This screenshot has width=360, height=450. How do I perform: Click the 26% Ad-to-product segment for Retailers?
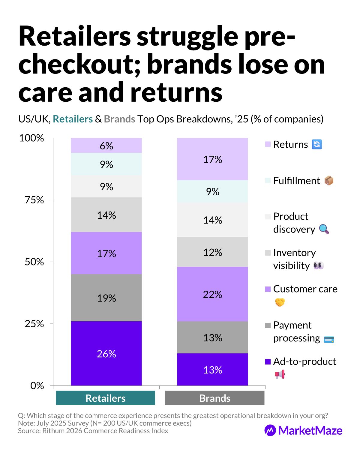(x=106, y=353)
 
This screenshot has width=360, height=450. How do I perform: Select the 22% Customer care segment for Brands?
(x=212, y=294)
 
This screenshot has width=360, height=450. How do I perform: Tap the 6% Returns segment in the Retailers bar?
(x=106, y=145)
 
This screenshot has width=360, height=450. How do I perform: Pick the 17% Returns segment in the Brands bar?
(x=212, y=159)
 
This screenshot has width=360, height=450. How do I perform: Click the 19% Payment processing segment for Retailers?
(x=106, y=298)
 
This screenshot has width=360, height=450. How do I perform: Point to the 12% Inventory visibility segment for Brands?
(x=212, y=252)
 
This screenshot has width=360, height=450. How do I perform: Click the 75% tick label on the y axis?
(x=34, y=200)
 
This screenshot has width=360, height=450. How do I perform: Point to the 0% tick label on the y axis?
(x=37, y=385)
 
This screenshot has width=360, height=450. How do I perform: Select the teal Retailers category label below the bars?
(x=106, y=398)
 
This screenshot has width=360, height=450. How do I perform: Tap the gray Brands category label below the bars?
(x=215, y=398)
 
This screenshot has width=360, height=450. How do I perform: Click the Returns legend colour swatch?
(x=268, y=144)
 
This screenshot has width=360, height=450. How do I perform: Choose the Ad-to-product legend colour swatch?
(x=268, y=361)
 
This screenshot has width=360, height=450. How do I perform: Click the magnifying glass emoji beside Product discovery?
(x=324, y=229)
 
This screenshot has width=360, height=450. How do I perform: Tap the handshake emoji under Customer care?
(x=280, y=302)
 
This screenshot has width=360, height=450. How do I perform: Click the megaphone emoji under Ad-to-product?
(x=280, y=374)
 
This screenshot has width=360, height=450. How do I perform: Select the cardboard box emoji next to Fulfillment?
(x=329, y=181)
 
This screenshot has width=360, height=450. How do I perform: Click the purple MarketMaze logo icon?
(x=270, y=430)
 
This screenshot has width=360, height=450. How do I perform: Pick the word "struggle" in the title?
(x=187, y=37)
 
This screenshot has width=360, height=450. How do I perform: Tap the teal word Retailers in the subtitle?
(x=73, y=119)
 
